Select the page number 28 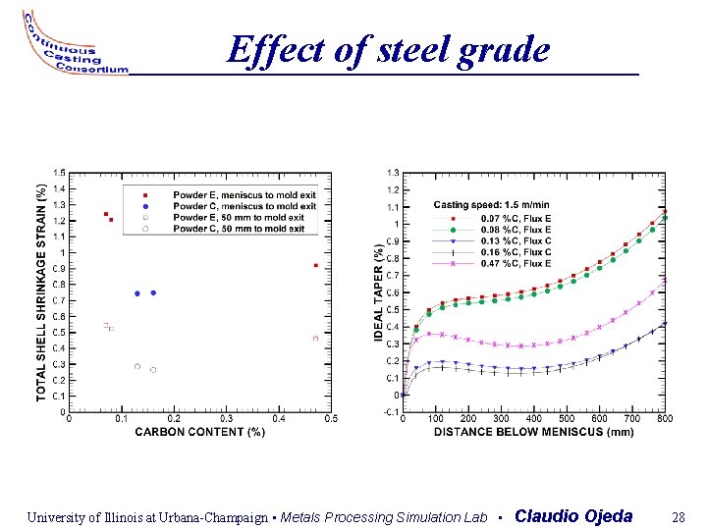click(678, 516)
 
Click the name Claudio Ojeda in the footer click(573, 516)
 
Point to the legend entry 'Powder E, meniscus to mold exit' click(244, 195)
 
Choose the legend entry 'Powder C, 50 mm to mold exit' click(239, 229)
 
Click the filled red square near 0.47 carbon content click(315, 265)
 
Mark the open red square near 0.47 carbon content click(315, 339)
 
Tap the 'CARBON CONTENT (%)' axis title click(199, 432)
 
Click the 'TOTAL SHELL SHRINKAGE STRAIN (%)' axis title click(41, 291)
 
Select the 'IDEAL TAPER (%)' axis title click(379, 292)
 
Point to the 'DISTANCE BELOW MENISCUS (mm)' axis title click(534, 432)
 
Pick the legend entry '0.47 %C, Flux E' click(516, 263)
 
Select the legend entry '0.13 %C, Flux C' click(516, 240)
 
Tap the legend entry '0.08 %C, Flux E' click(516, 229)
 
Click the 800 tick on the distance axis click(665, 419)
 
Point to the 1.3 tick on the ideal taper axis click(393, 173)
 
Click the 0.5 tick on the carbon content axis click(332, 419)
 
